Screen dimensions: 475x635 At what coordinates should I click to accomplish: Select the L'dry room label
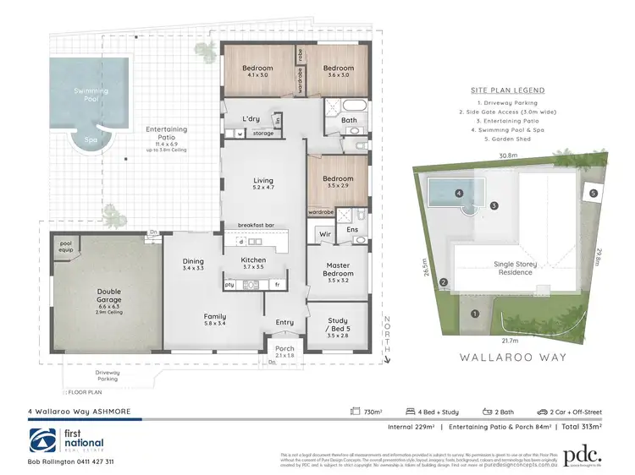(x=251, y=118)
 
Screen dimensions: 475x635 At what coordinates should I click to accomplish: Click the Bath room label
(x=348, y=120)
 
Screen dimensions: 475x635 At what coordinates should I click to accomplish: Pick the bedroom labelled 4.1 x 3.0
(x=257, y=70)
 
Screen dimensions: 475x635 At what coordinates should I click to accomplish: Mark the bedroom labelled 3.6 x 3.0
(x=337, y=70)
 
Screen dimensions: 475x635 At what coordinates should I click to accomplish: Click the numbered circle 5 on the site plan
(x=594, y=194)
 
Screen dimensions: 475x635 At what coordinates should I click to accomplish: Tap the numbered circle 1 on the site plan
(x=474, y=314)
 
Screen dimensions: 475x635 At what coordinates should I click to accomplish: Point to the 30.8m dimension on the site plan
(x=508, y=156)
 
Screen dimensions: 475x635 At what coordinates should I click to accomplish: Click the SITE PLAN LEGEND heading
(x=508, y=90)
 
